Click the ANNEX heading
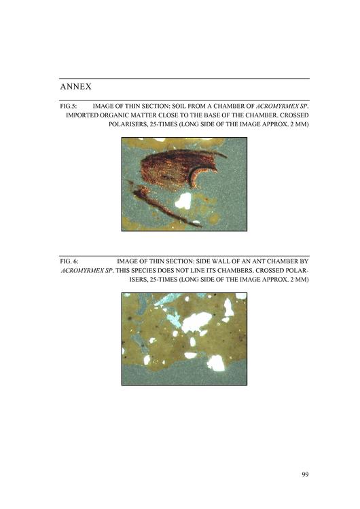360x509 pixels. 75,87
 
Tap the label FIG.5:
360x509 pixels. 68,106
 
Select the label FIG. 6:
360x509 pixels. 69,261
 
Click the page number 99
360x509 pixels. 305,474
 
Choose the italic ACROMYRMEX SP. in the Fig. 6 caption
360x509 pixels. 87,270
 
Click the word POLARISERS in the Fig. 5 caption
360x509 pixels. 126,124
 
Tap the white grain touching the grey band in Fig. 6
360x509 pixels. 217,363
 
